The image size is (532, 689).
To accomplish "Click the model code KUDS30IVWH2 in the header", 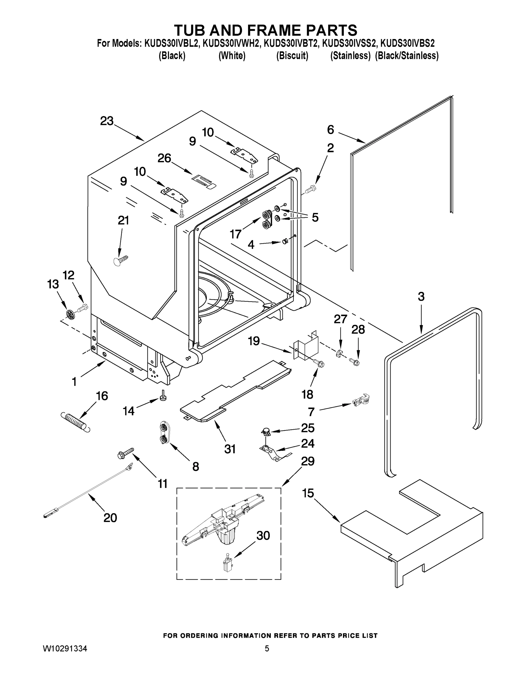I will (x=232, y=43).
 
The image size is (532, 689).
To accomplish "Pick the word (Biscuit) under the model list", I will (x=292, y=56).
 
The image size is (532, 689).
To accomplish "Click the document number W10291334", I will (x=65, y=649).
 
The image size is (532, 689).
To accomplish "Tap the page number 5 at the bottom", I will (x=267, y=649).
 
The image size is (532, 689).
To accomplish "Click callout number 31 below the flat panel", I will (x=230, y=449).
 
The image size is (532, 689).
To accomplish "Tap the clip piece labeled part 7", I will (x=361, y=401).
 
